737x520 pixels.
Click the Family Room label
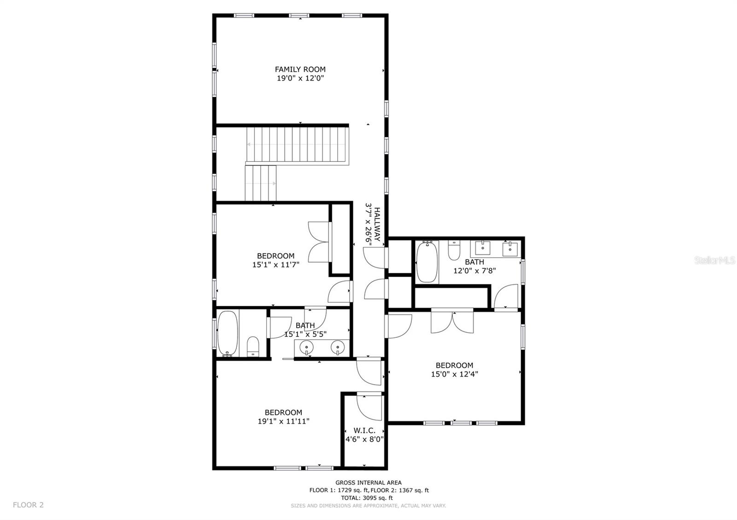(300, 69)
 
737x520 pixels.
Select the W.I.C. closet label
(364, 430)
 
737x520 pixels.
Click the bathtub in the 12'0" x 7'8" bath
(427, 263)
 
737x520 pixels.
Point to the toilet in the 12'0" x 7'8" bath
(454, 250)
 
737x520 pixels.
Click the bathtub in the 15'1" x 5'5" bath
(227, 334)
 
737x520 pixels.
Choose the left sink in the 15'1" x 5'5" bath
(306, 347)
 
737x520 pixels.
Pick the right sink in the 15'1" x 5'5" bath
(338, 347)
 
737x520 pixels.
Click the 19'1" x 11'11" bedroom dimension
(283, 421)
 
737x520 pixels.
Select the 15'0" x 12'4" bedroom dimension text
(454, 374)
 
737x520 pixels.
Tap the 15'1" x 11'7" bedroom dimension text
(276, 265)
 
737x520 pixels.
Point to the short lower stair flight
(260, 183)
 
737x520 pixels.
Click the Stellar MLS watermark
(715, 260)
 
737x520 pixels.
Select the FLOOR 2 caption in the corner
(28, 505)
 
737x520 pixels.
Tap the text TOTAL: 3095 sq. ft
(367, 497)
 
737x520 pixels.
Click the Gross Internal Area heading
(368, 483)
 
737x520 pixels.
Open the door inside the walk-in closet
(369, 407)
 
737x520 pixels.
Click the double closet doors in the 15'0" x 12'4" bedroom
(452, 322)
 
